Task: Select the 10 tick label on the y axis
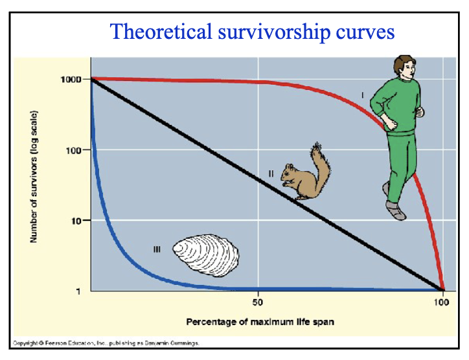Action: click(x=75, y=221)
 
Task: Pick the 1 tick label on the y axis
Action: click(x=78, y=291)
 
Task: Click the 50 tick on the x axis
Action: click(x=258, y=302)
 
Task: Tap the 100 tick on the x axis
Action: click(x=442, y=302)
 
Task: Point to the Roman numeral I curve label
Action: click(x=362, y=96)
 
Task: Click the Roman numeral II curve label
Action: click(x=272, y=172)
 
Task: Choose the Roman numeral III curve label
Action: click(x=156, y=249)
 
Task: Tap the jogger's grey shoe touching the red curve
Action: click(x=395, y=209)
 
